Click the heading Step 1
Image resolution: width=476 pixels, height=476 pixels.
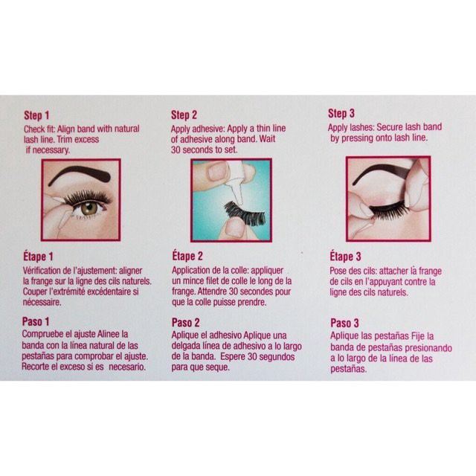point(36,115)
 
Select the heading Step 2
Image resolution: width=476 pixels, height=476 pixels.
point(184,115)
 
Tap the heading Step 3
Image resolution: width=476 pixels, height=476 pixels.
point(341,113)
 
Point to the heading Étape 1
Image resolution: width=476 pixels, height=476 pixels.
point(38,257)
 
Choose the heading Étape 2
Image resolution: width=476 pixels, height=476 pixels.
point(187,256)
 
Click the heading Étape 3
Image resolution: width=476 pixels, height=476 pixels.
point(345,257)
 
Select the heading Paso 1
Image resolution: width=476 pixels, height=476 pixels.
point(36,321)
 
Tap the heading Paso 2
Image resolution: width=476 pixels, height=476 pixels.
point(186,322)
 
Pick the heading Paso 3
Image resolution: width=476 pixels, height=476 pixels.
point(344,323)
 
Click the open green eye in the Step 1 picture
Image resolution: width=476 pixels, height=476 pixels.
point(89,208)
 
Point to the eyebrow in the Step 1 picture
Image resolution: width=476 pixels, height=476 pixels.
point(79,174)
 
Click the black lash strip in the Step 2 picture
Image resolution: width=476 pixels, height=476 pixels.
point(245,213)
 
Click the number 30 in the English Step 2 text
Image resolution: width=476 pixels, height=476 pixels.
point(176,149)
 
